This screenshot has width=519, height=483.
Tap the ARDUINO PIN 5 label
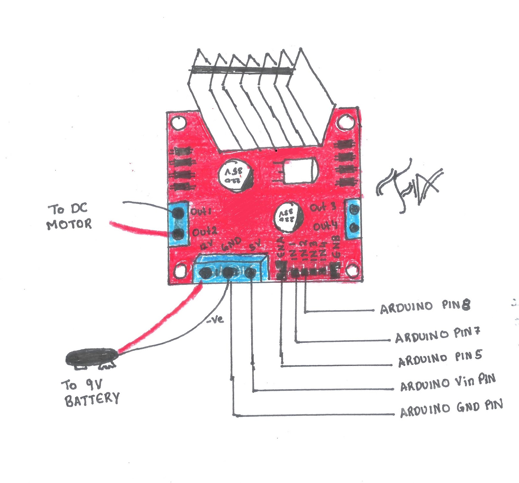440,358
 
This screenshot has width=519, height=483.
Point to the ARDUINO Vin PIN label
448,383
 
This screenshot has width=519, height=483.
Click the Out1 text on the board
201,212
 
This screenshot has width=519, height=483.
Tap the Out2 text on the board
204,232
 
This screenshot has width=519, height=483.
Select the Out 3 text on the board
323,207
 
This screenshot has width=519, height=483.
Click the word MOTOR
69,224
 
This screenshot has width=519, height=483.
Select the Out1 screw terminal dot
178,213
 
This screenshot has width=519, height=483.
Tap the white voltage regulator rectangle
299,171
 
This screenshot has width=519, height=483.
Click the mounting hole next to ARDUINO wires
351,270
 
